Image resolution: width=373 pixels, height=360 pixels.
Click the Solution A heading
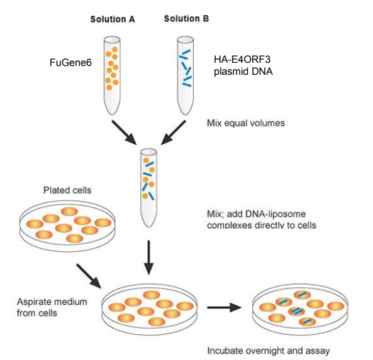coord(113,19)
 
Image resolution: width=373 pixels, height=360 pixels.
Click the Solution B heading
coord(186,18)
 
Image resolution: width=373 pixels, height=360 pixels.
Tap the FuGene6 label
coord(70,62)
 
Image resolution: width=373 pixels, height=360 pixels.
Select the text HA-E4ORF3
coord(242,59)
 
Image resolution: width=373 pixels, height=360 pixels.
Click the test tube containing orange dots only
coord(112,75)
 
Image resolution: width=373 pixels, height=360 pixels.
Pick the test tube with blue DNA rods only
coord(186,75)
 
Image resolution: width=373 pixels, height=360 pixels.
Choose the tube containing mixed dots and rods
coord(148,188)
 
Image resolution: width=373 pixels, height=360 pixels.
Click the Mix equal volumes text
coord(246,123)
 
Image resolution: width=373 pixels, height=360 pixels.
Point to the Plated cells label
coord(67,190)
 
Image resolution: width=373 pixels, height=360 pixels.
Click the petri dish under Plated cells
coord(67,226)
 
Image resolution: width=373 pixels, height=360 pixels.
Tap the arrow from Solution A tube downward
coord(124,133)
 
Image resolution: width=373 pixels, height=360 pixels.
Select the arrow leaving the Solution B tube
coord(174,133)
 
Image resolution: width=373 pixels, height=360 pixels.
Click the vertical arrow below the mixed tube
coord(148,258)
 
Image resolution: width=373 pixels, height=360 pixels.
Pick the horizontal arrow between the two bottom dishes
coord(225,307)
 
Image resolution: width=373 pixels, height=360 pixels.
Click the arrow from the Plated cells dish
coord(89,276)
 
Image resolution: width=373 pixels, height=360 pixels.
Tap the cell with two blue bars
coord(296,311)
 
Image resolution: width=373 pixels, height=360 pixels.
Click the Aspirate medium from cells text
coord(52,307)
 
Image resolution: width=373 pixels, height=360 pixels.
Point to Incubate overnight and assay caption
coord(269,351)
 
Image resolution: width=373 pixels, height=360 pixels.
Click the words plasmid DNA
coord(243,71)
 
